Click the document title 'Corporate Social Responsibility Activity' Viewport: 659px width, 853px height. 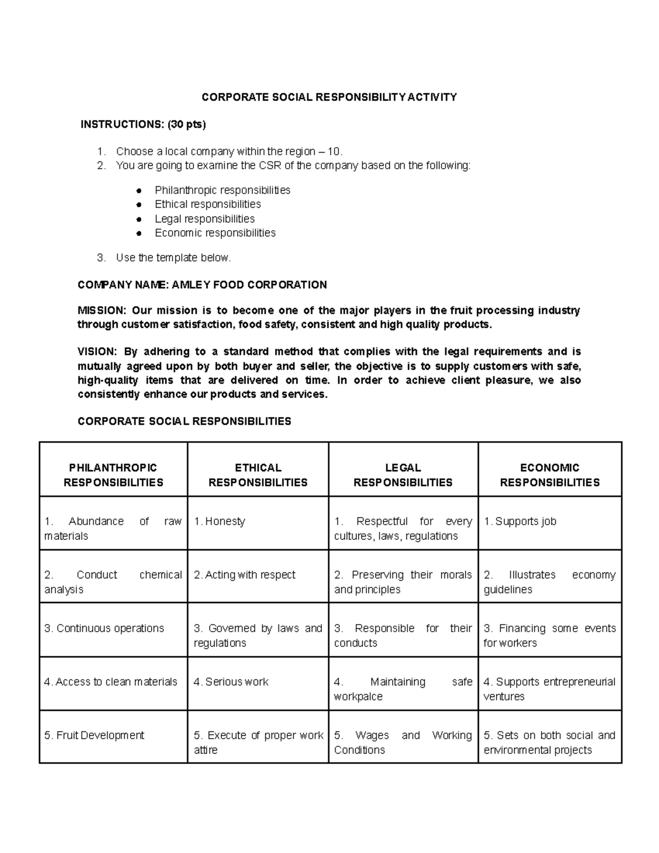coord(329,97)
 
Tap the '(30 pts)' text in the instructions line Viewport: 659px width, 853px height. coord(187,125)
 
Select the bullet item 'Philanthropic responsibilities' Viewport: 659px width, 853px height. coord(222,190)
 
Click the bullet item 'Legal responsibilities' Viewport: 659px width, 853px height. coord(204,219)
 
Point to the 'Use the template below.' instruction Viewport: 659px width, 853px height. coord(174,258)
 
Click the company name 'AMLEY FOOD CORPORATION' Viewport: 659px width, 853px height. coord(249,285)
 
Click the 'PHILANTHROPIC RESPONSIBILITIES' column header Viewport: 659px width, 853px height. coord(113,475)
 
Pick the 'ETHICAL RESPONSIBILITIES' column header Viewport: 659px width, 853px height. coord(258,475)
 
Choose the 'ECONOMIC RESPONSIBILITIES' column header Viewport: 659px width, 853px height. coord(549,475)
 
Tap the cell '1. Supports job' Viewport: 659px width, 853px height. coord(520,521)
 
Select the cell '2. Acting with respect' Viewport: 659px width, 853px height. coord(244,575)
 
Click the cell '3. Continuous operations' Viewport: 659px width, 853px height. coord(104,628)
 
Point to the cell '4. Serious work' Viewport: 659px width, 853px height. coord(231,682)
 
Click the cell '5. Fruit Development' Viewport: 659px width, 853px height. coord(94,735)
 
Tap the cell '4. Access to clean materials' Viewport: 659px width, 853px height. coord(111,682)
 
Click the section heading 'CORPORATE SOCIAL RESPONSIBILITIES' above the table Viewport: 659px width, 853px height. coord(185,421)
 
